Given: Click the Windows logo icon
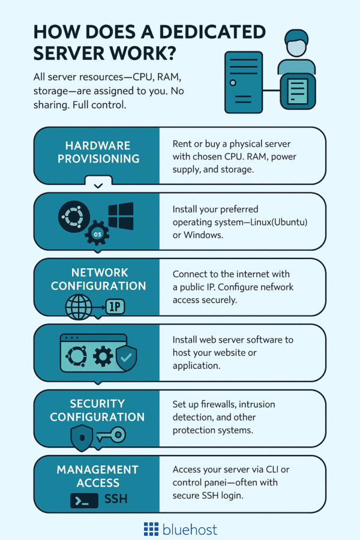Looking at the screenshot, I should pyautogui.click(x=121, y=216).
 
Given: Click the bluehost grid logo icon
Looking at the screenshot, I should pyautogui.click(x=151, y=529).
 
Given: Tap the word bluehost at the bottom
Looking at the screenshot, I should pyautogui.click(x=190, y=529).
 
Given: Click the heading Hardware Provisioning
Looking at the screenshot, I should pyautogui.click(x=98, y=153).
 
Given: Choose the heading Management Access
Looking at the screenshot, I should pyautogui.click(x=98, y=475).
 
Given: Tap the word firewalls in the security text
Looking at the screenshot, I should pyautogui.click(x=222, y=404).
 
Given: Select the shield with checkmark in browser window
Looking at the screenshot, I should pyautogui.click(x=127, y=359).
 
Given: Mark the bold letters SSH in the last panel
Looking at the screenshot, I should pyautogui.click(x=116, y=499).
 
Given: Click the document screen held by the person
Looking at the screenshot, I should pyautogui.click(x=298, y=91).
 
